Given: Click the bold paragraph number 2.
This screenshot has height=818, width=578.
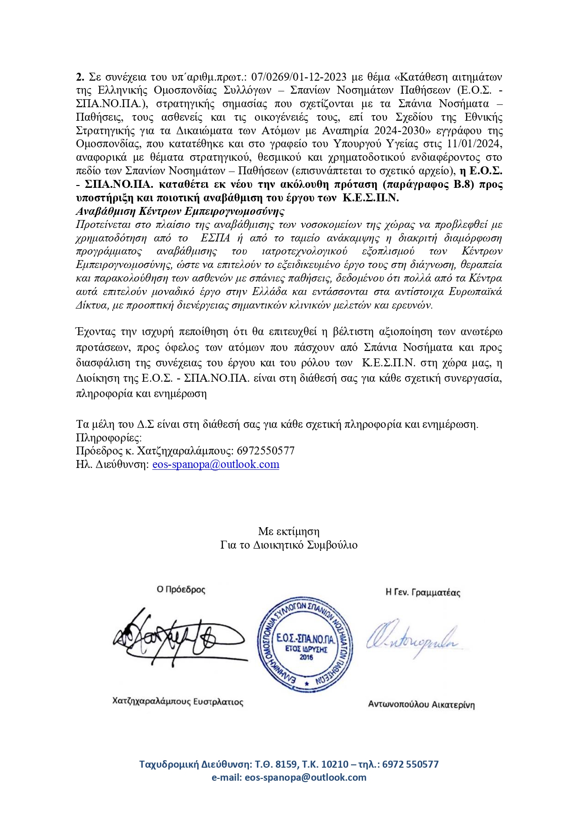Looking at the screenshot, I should [79, 76].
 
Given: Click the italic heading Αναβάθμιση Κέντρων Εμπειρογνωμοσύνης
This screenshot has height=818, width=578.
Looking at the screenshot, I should [180, 211].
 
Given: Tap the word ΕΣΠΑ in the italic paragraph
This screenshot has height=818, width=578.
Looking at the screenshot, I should [215, 238].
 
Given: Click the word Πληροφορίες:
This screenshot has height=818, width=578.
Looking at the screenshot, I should [109, 438].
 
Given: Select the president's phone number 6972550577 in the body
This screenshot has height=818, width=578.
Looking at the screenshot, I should [266, 451].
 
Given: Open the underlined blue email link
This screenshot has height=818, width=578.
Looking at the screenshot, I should [216, 465].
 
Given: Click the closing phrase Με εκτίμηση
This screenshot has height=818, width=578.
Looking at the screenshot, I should [289, 531].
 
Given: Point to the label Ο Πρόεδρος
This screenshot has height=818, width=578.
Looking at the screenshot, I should [181, 590].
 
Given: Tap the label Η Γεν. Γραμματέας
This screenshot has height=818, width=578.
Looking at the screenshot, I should [423, 592].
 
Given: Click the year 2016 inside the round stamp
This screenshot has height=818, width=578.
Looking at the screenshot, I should [306, 658].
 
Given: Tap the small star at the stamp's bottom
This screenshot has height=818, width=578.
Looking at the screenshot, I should [306, 684].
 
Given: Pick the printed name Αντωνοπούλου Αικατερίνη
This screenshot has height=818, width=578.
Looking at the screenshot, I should [421, 705].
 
